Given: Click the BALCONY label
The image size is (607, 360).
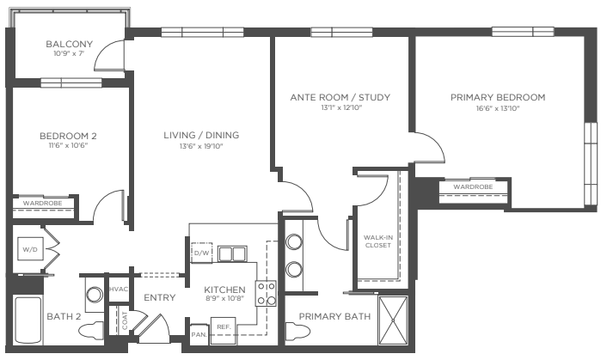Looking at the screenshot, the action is pos(70,44).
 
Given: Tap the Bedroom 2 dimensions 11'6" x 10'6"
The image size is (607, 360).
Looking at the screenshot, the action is pos(69,146).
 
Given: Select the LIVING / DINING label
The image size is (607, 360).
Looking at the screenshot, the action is pos(201,135).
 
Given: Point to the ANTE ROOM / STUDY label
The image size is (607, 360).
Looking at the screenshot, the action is pos(340,97).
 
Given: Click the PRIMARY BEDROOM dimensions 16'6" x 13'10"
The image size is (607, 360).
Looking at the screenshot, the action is pos(498,108).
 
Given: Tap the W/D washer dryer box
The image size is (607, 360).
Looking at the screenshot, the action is pos(30,249).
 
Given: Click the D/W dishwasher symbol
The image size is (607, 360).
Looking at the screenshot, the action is pos(201,253).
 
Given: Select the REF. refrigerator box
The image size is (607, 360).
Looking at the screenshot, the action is pos(224,331).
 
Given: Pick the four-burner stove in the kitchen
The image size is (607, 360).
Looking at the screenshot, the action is pos(266,294).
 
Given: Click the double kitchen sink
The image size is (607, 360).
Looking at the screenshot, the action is pos(232,254).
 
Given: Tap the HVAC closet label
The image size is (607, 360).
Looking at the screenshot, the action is pos(119,290).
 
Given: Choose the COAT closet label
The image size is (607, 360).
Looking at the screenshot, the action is pos(125,321).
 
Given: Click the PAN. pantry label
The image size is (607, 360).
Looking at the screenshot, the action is pos(199,334).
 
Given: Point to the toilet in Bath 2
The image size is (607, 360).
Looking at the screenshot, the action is pos(91,331).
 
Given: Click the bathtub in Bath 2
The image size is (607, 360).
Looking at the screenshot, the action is pos(28,320).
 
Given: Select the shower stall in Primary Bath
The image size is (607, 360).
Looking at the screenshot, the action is pos(393,320).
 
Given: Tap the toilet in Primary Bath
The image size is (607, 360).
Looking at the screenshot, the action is pos(298,332).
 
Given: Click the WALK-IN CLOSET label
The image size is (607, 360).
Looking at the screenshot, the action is pos(378,241).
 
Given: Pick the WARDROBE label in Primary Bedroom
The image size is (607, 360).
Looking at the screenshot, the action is pos(473,187).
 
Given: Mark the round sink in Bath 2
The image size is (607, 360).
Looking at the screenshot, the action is pos(94,295).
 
